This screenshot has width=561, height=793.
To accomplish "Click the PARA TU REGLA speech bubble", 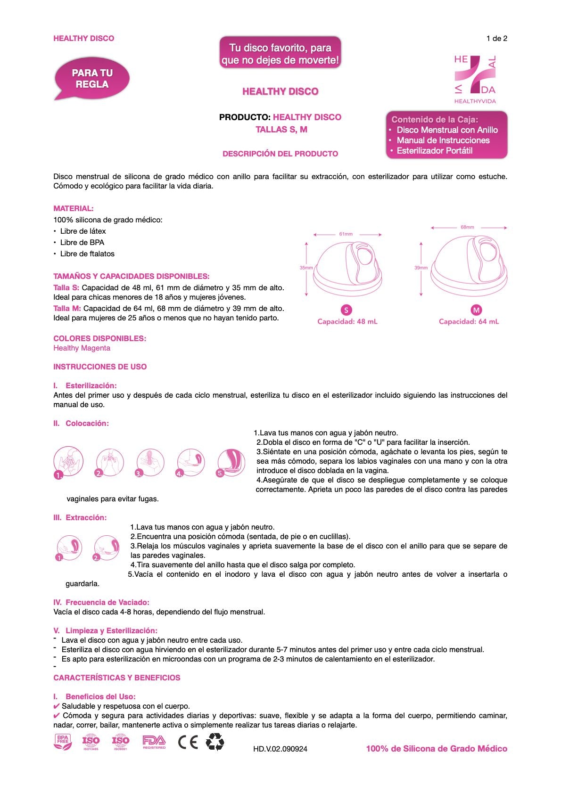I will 92,79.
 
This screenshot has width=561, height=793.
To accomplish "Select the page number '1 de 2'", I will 496,39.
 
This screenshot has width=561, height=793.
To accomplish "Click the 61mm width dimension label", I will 346,234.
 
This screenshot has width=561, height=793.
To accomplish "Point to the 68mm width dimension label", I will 467,227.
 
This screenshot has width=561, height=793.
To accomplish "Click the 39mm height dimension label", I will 421,268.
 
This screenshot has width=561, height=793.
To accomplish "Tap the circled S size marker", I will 346,310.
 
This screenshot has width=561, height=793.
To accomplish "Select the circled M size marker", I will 476,310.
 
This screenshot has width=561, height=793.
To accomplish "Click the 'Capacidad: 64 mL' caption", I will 469,321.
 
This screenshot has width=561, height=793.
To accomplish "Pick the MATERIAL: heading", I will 74,208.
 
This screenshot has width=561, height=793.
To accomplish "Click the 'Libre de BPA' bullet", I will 82,242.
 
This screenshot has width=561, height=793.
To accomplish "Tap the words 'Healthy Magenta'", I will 82,348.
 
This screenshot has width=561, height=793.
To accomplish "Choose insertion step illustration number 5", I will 231,463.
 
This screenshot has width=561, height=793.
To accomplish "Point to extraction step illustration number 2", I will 106,548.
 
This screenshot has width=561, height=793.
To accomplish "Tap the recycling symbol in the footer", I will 215,742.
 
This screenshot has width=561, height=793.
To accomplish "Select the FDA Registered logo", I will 154,742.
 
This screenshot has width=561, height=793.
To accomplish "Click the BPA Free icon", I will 63,742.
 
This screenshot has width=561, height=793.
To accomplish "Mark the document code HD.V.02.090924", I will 280,749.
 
